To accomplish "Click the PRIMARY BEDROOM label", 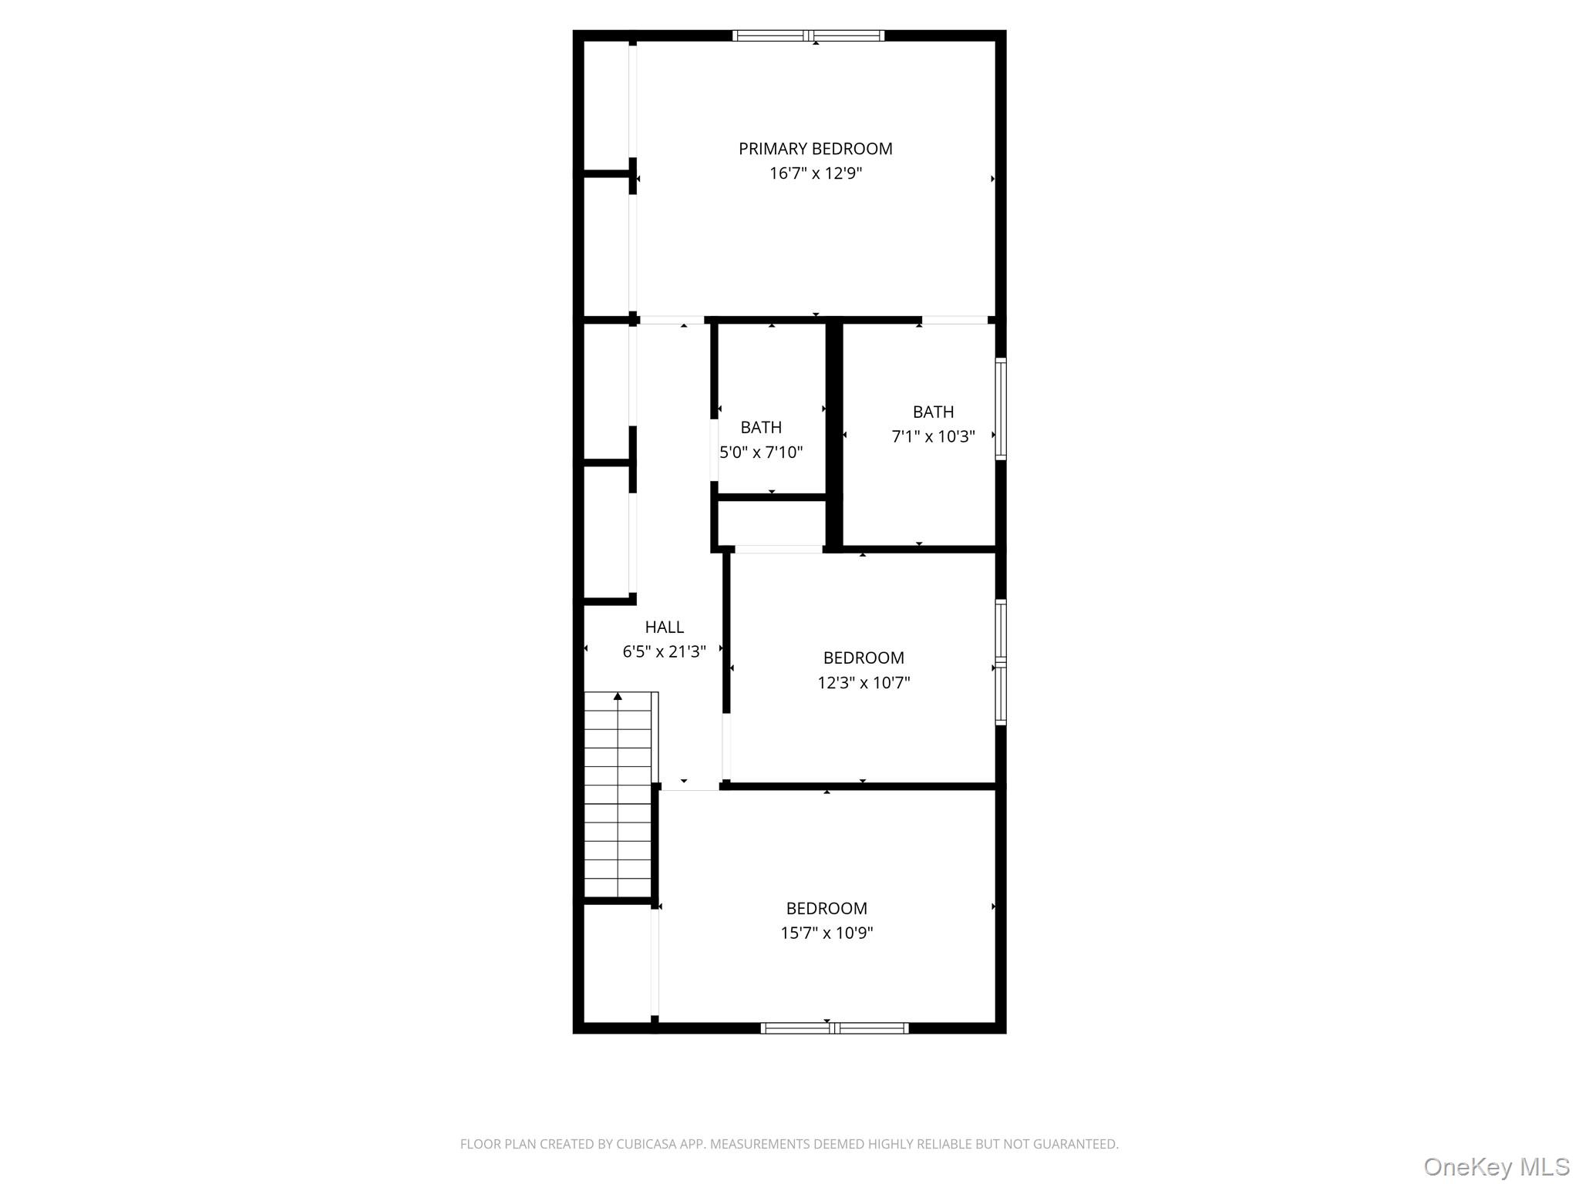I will tap(815, 149).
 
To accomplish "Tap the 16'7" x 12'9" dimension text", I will tap(815, 173).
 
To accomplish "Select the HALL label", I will tap(664, 627).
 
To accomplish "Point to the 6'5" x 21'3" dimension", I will tap(664, 652).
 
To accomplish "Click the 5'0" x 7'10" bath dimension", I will tap(761, 452).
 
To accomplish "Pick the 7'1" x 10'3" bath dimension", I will tap(933, 437).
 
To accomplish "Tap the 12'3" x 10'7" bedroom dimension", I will tap(864, 683).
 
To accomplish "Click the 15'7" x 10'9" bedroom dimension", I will tap(827, 933).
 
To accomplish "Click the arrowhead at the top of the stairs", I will tap(618, 697).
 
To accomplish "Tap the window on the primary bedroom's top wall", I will tap(808, 35).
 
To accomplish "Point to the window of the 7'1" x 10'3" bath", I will tap(1000, 409).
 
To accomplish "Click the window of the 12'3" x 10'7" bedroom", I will tap(1000, 662).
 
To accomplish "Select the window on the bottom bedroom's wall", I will tap(834, 1028).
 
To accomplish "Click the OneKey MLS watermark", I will tap(1496, 1166).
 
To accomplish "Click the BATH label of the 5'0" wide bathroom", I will tap(761, 428).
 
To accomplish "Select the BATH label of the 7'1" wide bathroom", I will tap(933, 412).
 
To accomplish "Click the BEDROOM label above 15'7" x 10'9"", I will tap(827, 909).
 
